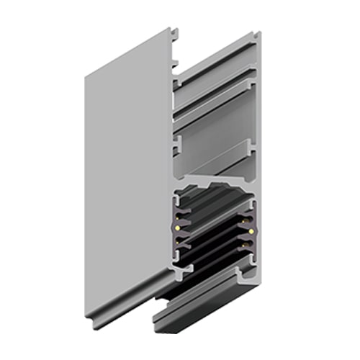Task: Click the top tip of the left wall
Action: click(171, 30)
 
